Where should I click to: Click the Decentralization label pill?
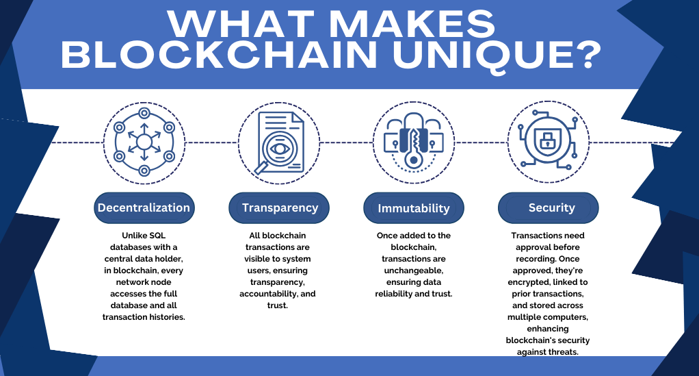pos(144,208)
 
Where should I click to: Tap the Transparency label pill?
pos(279,208)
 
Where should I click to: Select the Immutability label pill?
pos(414,208)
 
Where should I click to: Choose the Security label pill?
pos(549,208)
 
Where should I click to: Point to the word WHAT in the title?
pos(241,24)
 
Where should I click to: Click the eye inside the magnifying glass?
pos(280,148)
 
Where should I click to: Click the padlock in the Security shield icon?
pos(546,140)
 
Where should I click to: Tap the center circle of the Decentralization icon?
pos(144,142)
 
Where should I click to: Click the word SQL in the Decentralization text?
pos(157,236)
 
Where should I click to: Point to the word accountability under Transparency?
pos(268,294)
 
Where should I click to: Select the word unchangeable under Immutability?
pos(414,271)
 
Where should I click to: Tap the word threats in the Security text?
pos(563,352)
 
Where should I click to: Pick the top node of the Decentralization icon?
pos(144,114)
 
